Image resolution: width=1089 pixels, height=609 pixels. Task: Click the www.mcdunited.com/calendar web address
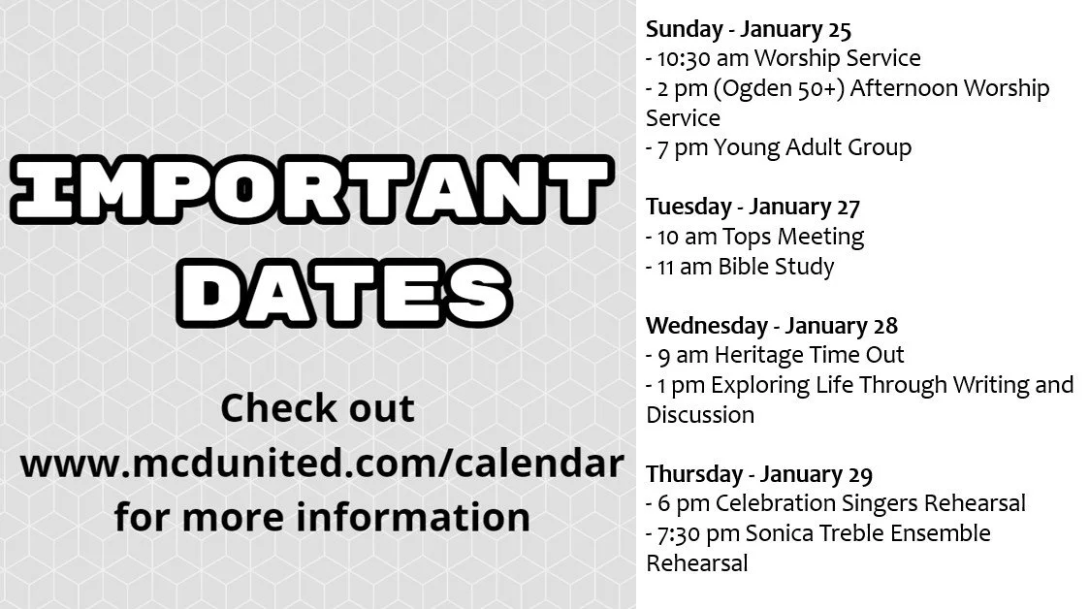[x=320, y=464]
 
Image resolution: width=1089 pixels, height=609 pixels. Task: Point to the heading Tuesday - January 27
[x=739, y=207]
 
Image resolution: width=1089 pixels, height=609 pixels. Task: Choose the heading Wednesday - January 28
[x=772, y=325]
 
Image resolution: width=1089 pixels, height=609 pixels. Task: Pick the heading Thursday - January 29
[x=759, y=474]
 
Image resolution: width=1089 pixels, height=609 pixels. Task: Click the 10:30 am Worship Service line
[x=783, y=58]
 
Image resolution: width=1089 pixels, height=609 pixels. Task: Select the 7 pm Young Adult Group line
[x=779, y=147]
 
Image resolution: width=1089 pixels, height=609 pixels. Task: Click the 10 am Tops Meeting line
[x=754, y=236]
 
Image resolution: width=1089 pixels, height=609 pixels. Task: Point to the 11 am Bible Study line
[x=740, y=266]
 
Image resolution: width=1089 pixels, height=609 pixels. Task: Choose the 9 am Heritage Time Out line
[x=775, y=355]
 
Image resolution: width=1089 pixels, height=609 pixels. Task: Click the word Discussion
[x=700, y=414]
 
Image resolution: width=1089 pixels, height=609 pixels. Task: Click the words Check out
[x=318, y=408]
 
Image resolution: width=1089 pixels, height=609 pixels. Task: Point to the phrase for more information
[x=321, y=517]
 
